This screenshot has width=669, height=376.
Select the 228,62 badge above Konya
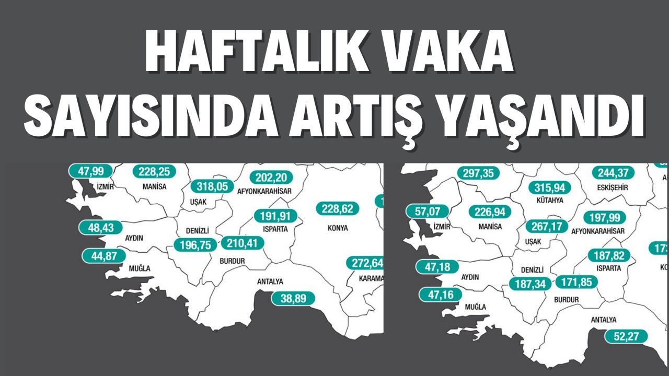(x=338, y=209)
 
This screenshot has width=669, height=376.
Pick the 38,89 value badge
(x=293, y=298)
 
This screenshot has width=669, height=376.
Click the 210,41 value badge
(x=243, y=243)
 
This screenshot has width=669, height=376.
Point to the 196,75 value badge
(x=194, y=245)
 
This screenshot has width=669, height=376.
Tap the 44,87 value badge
(x=104, y=256)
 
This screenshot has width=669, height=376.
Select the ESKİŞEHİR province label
(x=613, y=187)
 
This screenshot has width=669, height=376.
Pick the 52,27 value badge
(x=626, y=336)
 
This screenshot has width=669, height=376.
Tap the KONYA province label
(x=338, y=228)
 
